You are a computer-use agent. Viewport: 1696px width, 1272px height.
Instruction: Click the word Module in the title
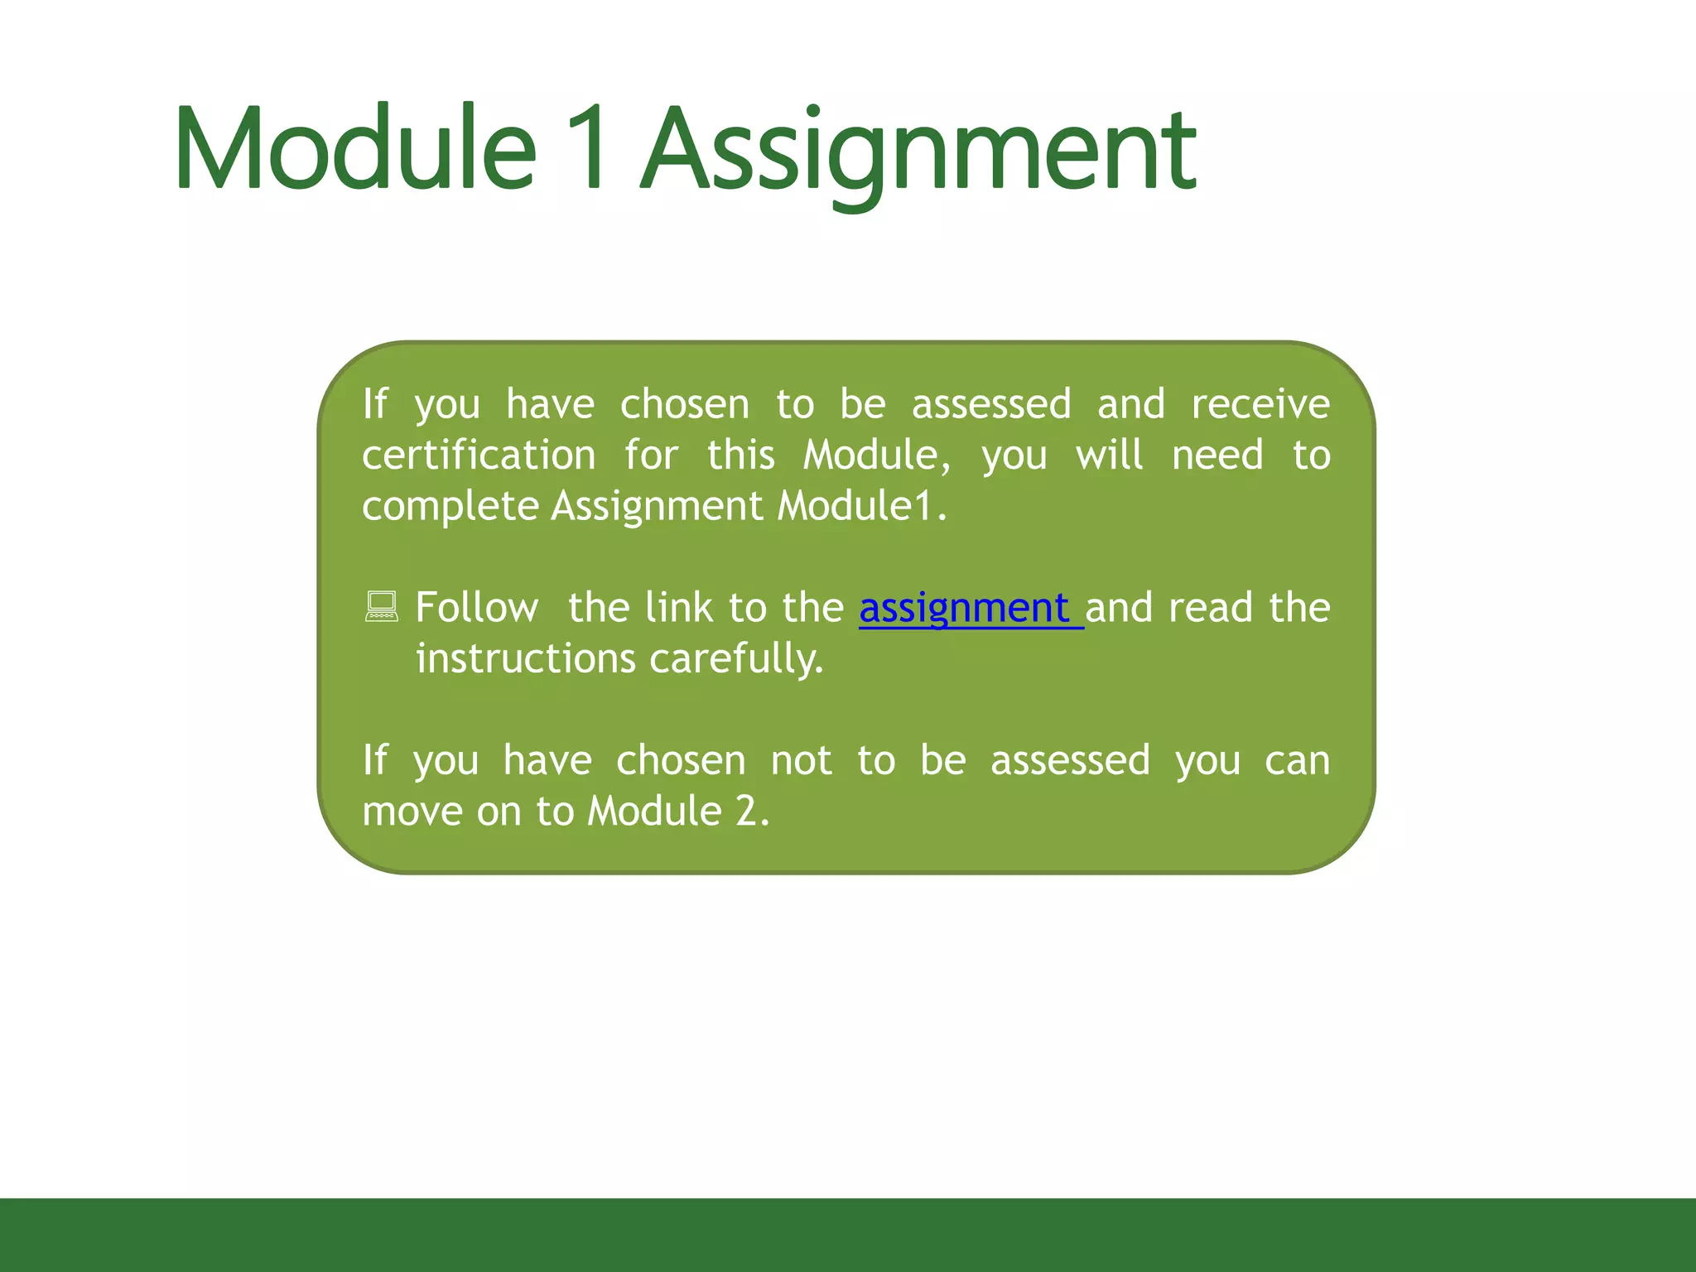(x=356, y=149)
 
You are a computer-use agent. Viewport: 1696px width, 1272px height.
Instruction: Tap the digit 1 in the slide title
(x=590, y=149)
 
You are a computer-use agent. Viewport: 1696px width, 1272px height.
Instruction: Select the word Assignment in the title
(x=919, y=153)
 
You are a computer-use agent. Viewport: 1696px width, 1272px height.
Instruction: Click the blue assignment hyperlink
(x=966, y=609)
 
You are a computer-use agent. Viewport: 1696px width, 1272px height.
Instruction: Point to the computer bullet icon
(x=382, y=607)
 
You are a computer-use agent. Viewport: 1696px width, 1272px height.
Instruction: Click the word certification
(x=479, y=455)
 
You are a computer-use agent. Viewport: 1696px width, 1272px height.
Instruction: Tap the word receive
(x=1260, y=404)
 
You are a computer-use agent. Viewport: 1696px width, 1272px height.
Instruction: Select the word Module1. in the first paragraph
(x=862, y=506)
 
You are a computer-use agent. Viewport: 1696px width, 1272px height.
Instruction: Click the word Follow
(x=477, y=608)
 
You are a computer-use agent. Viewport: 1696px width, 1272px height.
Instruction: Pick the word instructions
(x=526, y=659)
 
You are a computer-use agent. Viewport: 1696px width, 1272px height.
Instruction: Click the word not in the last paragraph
(x=801, y=760)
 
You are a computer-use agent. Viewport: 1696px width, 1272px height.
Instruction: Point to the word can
(x=1297, y=760)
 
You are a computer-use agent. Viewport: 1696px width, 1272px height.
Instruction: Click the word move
(x=412, y=812)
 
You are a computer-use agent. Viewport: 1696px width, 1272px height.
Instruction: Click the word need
(x=1217, y=455)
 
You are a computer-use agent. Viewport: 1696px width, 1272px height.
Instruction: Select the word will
(x=1110, y=455)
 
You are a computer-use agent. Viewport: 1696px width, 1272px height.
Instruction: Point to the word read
(x=1210, y=608)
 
